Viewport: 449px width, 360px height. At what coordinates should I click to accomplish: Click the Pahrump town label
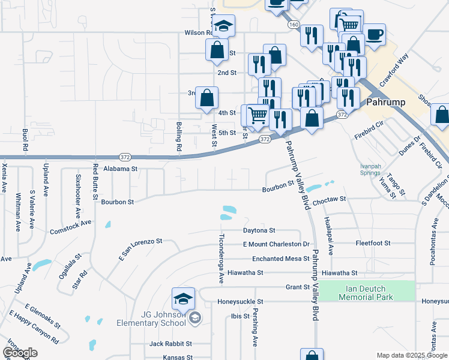point(385,103)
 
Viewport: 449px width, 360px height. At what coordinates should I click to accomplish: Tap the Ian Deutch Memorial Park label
point(366,293)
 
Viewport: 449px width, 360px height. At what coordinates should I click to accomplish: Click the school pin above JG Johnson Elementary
point(184,298)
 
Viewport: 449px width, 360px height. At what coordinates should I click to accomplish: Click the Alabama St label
point(121,169)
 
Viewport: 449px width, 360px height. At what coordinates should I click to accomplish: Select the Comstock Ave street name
point(70,227)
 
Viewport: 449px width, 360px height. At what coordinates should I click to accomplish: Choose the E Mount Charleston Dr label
point(276,244)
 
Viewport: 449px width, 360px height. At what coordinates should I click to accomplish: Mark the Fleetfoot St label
point(373,243)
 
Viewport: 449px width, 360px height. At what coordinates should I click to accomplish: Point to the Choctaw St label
point(330,198)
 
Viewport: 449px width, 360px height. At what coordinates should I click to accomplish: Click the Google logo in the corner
point(20,353)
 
